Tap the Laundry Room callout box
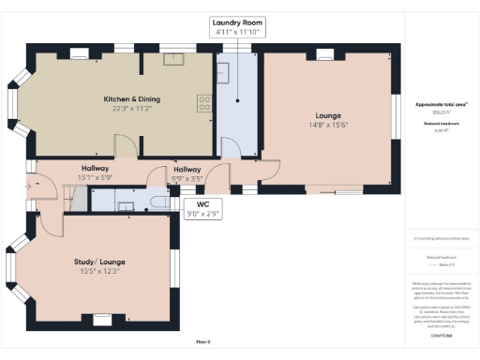click(237, 27)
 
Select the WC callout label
click(202, 209)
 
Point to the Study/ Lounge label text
click(99, 262)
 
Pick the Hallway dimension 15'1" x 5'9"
click(95, 175)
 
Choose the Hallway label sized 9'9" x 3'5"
click(187, 175)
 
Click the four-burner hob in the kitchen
click(203, 102)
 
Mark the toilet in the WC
click(161, 201)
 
